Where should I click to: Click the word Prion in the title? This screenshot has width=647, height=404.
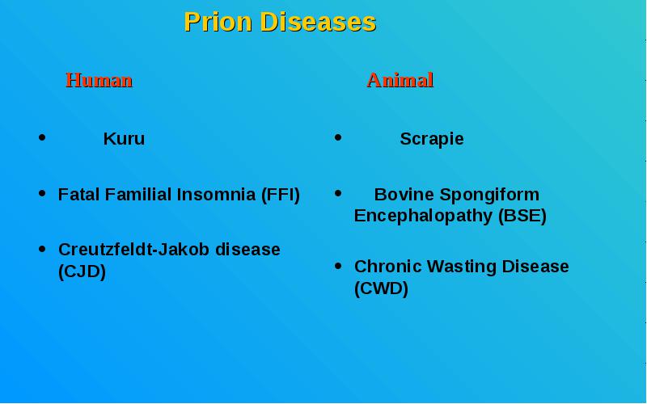218,22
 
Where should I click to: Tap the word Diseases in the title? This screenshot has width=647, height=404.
318,22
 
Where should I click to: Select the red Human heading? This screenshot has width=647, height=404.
99,79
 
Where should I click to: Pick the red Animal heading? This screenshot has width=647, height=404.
400,79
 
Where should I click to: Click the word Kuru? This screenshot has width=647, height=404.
124,138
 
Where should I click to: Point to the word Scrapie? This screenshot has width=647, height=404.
432,139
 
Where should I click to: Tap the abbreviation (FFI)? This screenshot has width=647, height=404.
281,195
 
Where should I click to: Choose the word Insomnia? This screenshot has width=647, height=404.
216,194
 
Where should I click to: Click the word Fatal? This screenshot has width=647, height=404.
79,194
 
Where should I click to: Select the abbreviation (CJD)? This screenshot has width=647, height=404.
82,271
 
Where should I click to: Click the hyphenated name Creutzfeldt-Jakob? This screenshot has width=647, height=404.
134,250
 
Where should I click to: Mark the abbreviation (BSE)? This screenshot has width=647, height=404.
522,216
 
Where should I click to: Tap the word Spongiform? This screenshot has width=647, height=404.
489,196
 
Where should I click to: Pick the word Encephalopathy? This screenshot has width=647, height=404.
423,217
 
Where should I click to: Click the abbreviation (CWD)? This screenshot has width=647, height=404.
381,288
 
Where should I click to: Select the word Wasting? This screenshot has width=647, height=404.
462,267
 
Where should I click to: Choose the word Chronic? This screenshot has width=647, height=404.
388,267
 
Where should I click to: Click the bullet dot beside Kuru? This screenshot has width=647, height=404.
42,137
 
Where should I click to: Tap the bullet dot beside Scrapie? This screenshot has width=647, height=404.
338,137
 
